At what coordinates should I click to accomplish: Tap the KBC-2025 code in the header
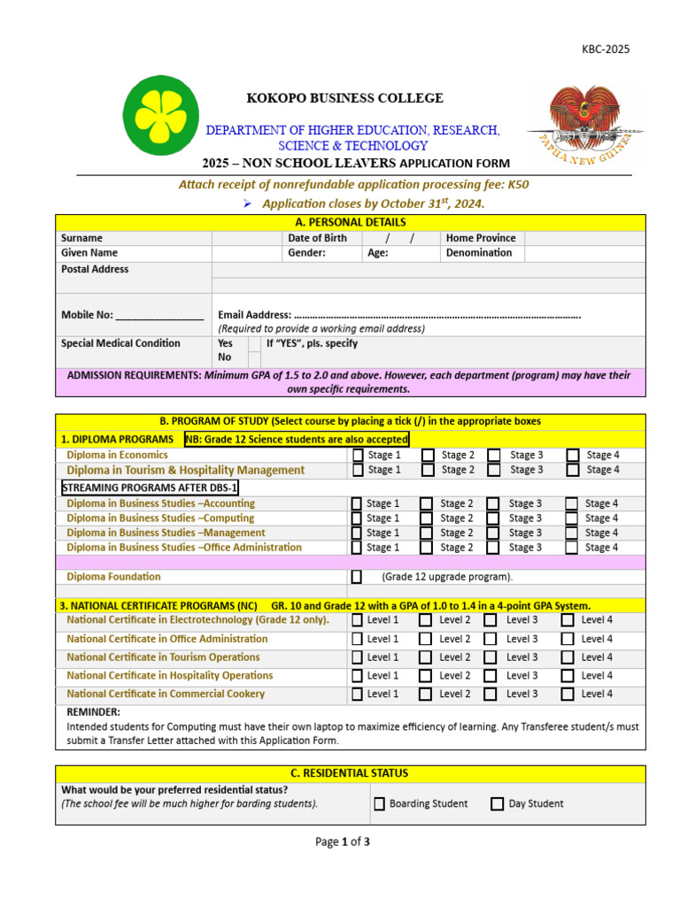click(606, 50)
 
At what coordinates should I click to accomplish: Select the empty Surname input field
click(247, 238)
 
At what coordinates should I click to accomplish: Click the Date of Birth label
click(318, 238)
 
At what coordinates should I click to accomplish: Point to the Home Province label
click(481, 238)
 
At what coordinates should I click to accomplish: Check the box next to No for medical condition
click(254, 358)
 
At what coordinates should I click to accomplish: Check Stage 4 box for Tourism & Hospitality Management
click(573, 470)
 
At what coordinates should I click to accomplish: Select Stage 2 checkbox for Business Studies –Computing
click(428, 518)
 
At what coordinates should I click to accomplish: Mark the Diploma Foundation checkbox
click(357, 577)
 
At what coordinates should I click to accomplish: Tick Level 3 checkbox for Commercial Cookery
click(491, 695)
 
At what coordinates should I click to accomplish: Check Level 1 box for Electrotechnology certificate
click(357, 620)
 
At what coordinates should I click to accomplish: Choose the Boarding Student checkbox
click(379, 804)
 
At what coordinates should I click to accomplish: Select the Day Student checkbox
click(498, 804)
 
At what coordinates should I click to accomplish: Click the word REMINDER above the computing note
click(94, 712)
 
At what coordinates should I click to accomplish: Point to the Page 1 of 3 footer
click(343, 842)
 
